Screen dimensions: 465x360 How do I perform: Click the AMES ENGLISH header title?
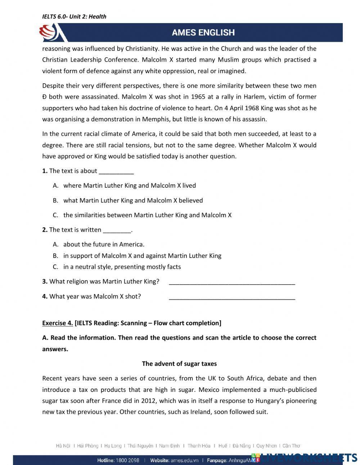point(203,32)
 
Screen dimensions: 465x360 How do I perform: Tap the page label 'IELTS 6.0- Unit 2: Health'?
point(74,16)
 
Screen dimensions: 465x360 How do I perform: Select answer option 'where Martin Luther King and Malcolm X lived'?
point(129,185)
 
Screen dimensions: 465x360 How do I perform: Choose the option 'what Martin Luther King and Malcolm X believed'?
point(133,200)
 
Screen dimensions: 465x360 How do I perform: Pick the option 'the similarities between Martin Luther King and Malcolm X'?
point(147,215)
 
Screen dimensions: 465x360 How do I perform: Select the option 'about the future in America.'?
point(104,244)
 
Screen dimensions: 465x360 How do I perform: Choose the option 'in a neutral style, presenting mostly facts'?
point(122,267)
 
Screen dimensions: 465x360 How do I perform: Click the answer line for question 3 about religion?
point(232,282)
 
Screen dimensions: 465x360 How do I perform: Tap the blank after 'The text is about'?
point(116,171)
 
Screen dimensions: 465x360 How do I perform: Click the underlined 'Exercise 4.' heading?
point(58,323)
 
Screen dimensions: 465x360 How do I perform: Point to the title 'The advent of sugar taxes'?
point(179,363)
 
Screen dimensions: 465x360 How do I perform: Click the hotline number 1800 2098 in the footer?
point(128,460)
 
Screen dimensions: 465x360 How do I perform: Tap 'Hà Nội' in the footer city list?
point(63,446)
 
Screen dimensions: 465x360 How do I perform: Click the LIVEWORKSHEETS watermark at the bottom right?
point(306,457)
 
